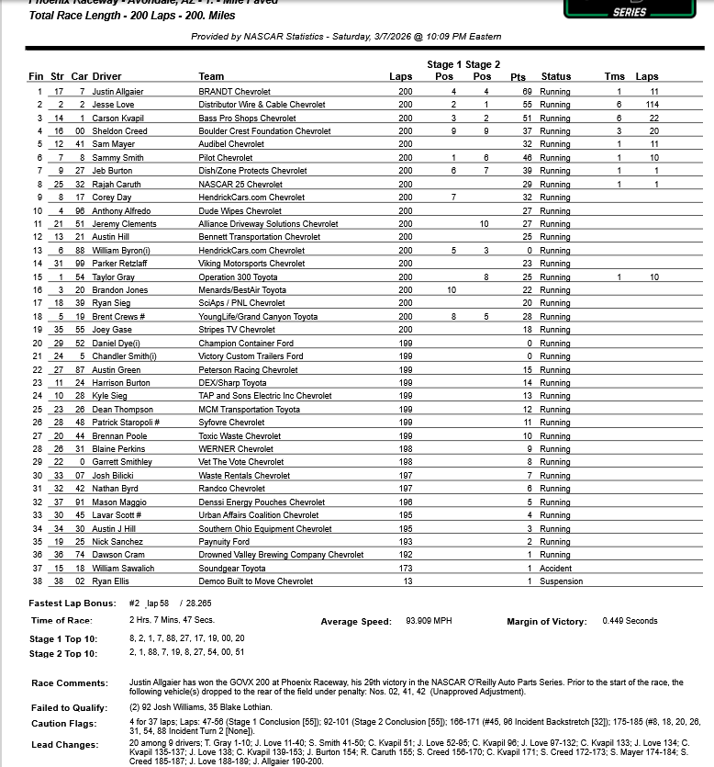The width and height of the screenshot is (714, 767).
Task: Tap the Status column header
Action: [x=556, y=77]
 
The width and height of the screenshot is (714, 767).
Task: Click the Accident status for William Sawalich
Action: [x=555, y=568]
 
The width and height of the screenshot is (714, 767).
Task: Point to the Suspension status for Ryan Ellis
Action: [x=560, y=581]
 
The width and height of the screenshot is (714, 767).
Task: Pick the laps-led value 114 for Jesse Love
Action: [x=647, y=105]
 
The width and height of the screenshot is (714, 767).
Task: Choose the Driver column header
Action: [x=106, y=77]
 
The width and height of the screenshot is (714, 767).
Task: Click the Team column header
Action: [x=211, y=77]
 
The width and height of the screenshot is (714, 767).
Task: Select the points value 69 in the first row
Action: [x=527, y=92]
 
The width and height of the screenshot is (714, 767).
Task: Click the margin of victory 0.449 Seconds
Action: [x=630, y=622]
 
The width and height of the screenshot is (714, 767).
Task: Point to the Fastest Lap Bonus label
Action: [x=73, y=603]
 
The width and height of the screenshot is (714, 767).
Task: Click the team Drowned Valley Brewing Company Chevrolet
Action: [x=281, y=555]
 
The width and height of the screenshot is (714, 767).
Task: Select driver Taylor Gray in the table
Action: [x=114, y=277]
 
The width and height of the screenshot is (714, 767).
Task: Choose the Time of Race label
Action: [x=61, y=621]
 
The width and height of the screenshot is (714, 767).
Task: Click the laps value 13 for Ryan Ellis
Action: [x=405, y=581]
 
